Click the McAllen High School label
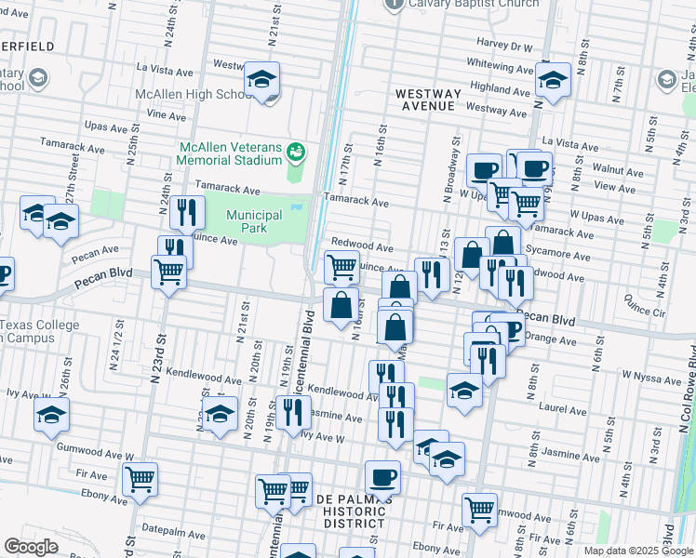192,94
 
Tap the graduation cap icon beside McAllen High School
262,80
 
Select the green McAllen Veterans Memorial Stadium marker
296,150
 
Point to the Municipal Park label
260,221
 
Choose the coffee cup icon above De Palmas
381,479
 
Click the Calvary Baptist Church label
475,4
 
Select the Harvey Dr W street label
503,46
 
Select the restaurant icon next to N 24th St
187,213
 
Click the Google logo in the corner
31,547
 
